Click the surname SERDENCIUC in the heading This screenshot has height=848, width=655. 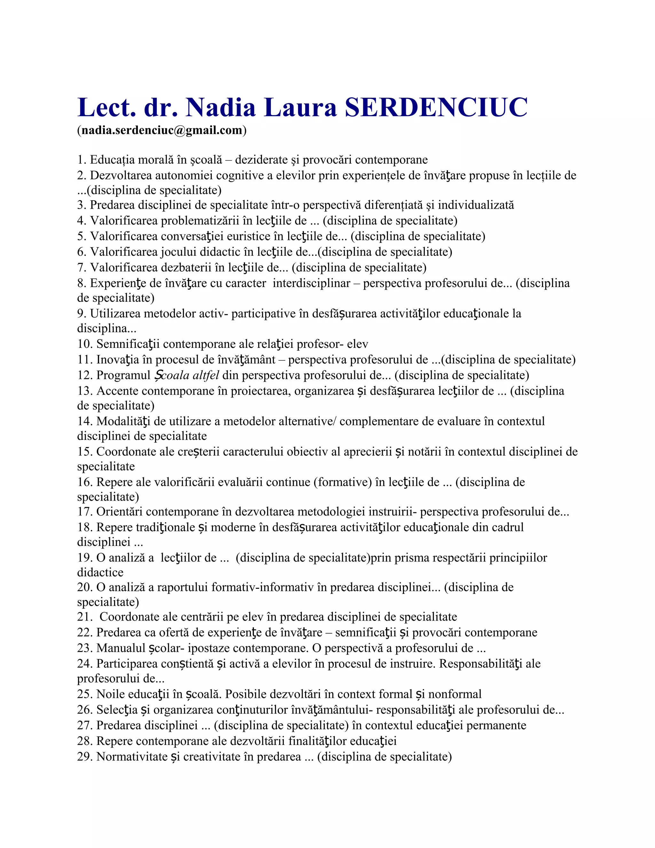pyautogui.click(x=436, y=107)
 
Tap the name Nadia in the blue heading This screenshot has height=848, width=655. pyautogui.click(x=220, y=107)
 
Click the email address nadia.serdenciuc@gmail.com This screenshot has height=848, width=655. pyautogui.click(x=162, y=130)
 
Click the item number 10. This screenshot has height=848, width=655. pyautogui.click(x=85, y=344)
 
